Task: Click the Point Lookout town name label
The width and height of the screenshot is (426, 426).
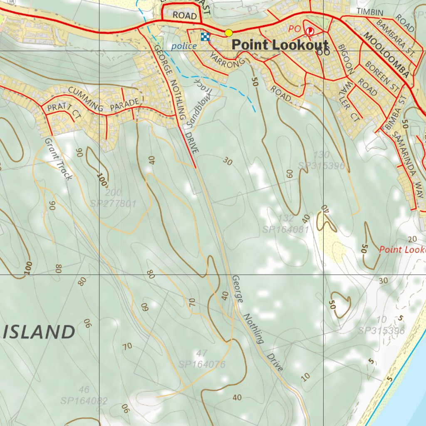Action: (x=280, y=45)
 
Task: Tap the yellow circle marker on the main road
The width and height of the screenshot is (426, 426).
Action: (x=228, y=33)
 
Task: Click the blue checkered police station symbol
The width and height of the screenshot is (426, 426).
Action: (x=205, y=37)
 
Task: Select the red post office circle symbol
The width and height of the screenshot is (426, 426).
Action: (x=310, y=31)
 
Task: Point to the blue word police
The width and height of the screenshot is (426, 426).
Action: (x=184, y=46)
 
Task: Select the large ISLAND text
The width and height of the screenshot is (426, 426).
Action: (x=40, y=332)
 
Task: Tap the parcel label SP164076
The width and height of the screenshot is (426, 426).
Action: (x=202, y=365)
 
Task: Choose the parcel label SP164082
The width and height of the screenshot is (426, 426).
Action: (x=84, y=401)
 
